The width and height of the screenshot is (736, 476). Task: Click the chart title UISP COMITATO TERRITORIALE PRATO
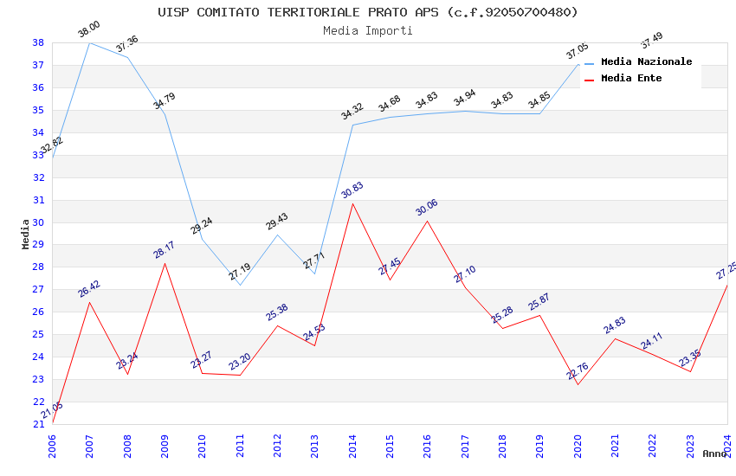(367, 12)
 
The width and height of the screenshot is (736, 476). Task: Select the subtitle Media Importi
(367, 31)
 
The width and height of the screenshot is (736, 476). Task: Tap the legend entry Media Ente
(631, 79)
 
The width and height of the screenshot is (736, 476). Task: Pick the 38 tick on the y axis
(38, 42)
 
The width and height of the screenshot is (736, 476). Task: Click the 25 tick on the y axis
(38, 335)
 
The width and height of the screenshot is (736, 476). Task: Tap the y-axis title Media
(26, 234)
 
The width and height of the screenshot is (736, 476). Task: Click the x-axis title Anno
(714, 453)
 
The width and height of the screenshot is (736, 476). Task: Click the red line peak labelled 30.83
(352, 203)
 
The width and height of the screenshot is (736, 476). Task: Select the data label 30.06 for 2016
(427, 208)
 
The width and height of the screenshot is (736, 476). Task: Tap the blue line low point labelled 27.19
(240, 285)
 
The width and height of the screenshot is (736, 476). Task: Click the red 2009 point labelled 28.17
(165, 263)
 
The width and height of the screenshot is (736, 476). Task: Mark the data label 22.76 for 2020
(578, 371)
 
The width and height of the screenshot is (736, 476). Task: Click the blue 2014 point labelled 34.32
(352, 125)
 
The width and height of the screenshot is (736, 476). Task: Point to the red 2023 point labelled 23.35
(690, 371)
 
